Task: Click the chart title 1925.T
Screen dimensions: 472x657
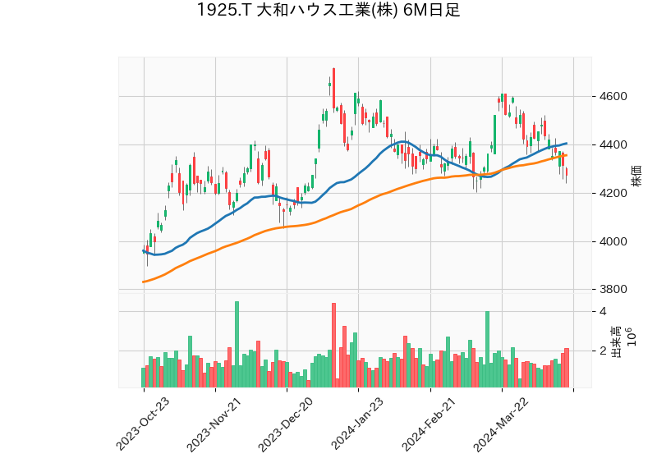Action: pos(328,11)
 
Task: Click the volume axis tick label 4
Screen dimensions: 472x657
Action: pos(603,312)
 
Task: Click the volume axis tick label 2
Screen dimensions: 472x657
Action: pos(603,351)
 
